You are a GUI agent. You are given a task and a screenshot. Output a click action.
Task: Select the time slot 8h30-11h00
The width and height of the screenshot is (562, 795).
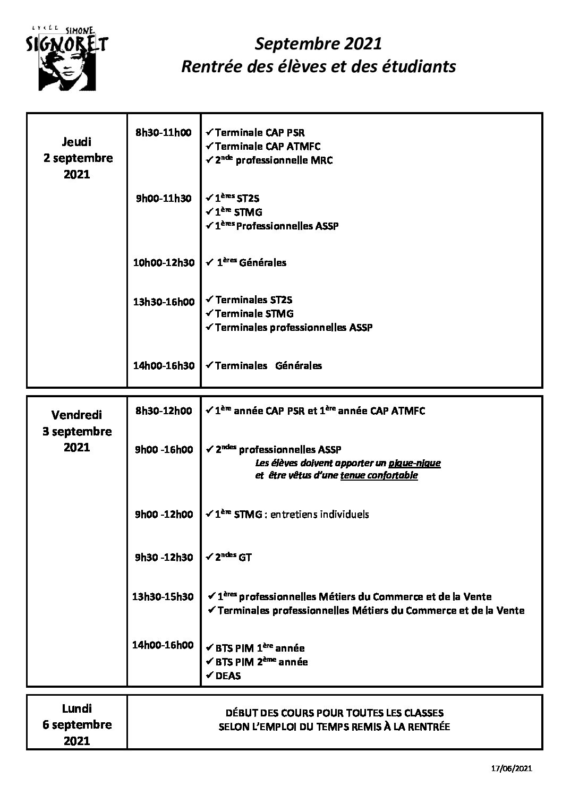[x=164, y=132]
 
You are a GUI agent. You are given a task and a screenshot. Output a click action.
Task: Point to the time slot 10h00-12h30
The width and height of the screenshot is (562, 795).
[x=164, y=262]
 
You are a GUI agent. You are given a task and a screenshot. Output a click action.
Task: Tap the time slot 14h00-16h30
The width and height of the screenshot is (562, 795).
[x=164, y=365]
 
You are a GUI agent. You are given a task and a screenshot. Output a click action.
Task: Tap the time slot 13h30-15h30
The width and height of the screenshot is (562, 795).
[x=163, y=596]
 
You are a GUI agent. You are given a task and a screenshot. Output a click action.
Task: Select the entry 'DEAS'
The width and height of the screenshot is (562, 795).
[x=228, y=676]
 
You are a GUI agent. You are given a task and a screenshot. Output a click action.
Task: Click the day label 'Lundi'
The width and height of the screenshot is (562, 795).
[x=77, y=708]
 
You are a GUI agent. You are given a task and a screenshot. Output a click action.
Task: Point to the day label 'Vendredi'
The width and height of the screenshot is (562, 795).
[x=77, y=415]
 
